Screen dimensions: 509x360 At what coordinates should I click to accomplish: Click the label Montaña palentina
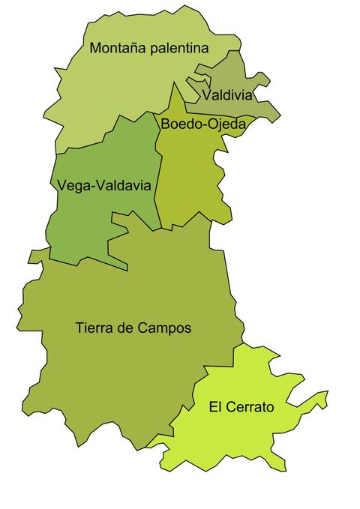[x=148, y=49]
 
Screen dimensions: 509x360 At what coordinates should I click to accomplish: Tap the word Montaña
[x=116, y=49]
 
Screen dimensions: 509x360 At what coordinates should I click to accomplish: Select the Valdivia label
[x=227, y=95]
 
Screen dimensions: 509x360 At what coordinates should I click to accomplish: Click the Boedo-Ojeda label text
[x=202, y=124]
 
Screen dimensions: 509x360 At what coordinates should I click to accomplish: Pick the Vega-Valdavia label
[x=104, y=184]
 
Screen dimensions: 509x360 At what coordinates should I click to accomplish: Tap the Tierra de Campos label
[x=133, y=328]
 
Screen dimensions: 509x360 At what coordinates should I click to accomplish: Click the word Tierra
[x=93, y=328]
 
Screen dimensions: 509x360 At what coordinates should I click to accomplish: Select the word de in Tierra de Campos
[x=125, y=328]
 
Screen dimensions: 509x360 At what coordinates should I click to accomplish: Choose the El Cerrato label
[x=241, y=408]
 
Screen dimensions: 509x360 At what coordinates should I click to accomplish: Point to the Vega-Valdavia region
[x=90, y=225]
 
